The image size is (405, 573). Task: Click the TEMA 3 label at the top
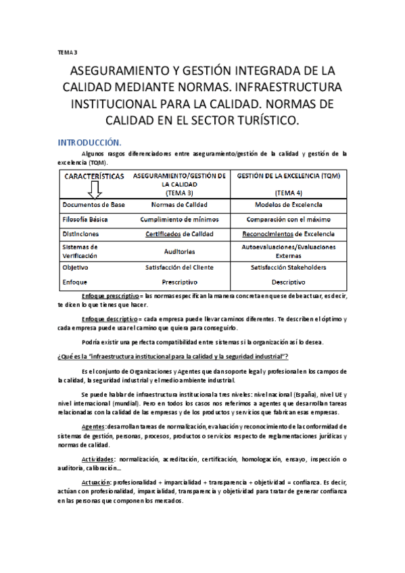[x=68, y=51]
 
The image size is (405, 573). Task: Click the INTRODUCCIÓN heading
[x=89, y=143]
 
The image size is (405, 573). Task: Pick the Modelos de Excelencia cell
[x=289, y=205]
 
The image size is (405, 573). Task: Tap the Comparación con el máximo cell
[x=289, y=220]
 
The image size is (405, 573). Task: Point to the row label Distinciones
[x=81, y=234]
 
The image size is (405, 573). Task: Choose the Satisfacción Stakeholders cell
[x=289, y=268]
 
